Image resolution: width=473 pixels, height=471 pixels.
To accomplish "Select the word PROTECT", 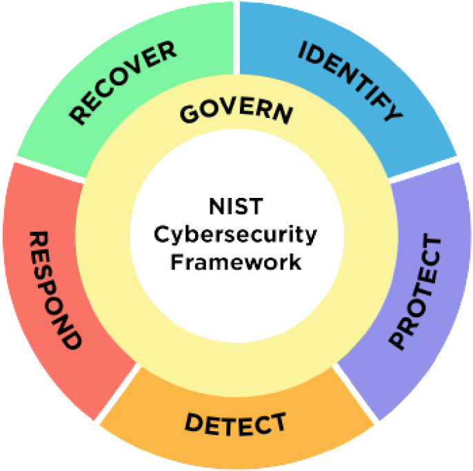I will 415,292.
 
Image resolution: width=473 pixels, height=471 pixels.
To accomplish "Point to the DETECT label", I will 235,424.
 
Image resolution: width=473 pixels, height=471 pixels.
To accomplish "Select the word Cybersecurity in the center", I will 236,234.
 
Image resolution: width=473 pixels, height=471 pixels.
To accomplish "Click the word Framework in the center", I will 236,262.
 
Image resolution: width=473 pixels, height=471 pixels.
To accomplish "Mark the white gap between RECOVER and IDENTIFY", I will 236,34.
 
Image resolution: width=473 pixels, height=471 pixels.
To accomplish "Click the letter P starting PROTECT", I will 399,339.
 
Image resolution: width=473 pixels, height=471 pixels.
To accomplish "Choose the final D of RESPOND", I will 70,339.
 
